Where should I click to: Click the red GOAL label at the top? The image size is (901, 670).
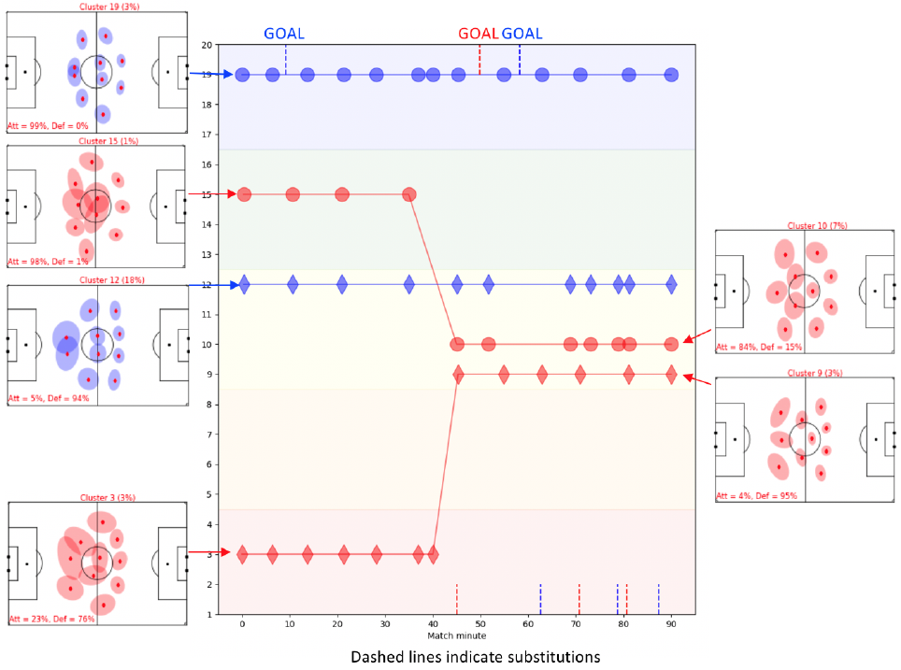(479, 34)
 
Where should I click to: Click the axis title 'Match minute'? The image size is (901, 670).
(457, 636)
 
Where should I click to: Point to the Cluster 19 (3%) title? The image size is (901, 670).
(96, 7)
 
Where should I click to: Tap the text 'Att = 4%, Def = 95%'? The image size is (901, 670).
(758, 495)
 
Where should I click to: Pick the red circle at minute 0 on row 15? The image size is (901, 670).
(244, 194)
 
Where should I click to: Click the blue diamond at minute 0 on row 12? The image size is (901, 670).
(244, 284)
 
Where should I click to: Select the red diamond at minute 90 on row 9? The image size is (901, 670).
(671, 375)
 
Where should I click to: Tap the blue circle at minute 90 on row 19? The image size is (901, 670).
(671, 75)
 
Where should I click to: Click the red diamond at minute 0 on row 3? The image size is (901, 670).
(243, 554)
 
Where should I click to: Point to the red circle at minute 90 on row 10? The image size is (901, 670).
(671, 344)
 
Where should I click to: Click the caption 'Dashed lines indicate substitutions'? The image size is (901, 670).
(475, 657)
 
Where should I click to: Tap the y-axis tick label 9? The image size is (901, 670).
(222, 375)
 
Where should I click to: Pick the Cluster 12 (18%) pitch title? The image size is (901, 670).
(97, 279)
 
